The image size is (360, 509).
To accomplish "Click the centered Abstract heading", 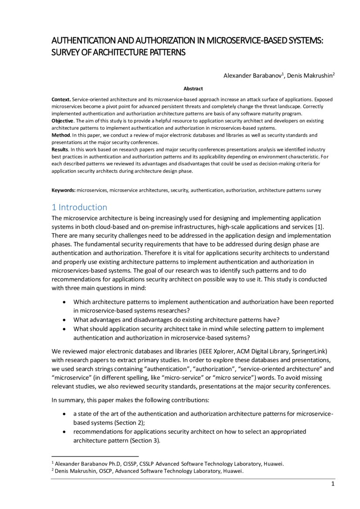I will (x=193, y=88).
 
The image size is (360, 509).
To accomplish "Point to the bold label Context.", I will (x=61, y=100).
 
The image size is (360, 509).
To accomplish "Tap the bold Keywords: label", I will (x=63, y=190).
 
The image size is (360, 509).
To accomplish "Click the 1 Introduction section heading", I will (x=79, y=207).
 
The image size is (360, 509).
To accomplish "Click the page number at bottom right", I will (x=333, y=484).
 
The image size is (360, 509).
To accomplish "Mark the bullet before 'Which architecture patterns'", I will (x=65, y=302).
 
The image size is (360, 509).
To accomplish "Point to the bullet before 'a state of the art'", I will (x=65, y=414).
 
